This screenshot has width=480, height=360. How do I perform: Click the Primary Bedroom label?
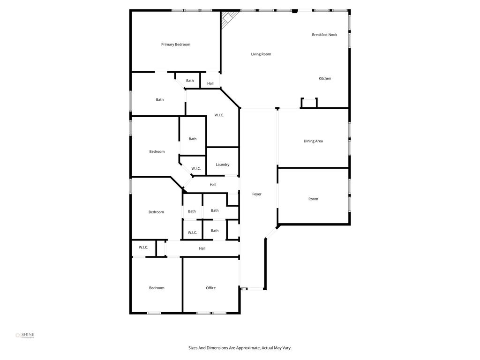(176, 45)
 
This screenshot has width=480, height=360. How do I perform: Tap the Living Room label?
(261, 54)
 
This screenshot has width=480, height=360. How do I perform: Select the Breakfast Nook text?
(324, 35)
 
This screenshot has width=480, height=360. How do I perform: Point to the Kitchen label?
(324, 78)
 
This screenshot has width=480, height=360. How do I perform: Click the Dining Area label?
(313, 141)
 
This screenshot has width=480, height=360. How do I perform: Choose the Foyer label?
(257, 194)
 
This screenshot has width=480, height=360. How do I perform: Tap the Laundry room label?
(222, 165)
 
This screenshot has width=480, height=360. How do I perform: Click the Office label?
(210, 288)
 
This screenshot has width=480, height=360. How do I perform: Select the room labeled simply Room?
(313, 199)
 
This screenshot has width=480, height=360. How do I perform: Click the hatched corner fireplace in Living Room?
(228, 18)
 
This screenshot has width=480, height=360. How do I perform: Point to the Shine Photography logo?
(25, 335)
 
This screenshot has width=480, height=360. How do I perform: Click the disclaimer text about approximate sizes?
(240, 348)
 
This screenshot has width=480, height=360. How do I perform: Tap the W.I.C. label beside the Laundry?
(196, 169)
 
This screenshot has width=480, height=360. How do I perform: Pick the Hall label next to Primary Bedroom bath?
(210, 83)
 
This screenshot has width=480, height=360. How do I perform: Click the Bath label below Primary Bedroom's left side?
(160, 99)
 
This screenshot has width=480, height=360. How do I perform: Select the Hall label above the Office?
(202, 248)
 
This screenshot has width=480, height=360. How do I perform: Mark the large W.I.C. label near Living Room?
(219, 115)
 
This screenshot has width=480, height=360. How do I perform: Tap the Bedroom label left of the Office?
(157, 288)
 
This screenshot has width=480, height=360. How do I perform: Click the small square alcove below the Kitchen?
(309, 103)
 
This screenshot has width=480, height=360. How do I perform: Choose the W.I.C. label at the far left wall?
(143, 247)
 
